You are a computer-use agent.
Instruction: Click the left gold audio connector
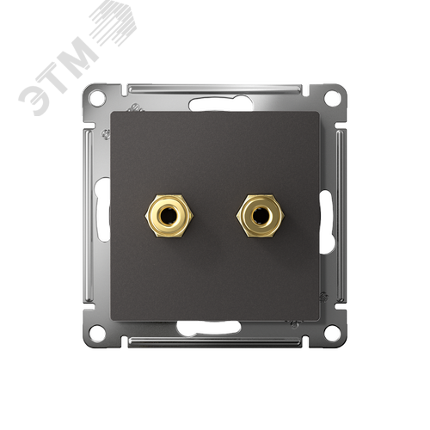[x=169, y=216]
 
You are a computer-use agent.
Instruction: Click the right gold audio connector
[x=260, y=216]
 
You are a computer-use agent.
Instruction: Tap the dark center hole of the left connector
[x=169, y=216]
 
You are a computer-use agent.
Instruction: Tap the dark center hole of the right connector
[x=260, y=216]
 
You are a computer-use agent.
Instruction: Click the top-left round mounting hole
[x=97, y=98]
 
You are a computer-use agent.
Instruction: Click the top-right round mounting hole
[x=332, y=98]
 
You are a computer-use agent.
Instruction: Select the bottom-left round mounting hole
[x=97, y=333]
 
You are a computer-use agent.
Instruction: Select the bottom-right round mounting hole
[x=332, y=333]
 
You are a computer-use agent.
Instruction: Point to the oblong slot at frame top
[x=221, y=104]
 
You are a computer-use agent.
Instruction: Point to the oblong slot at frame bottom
[x=208, y=329]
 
